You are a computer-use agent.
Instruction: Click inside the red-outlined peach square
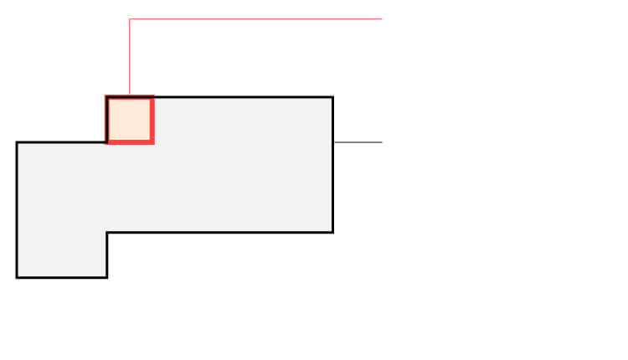click(130, 120)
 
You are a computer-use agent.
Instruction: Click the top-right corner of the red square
click(152, 98)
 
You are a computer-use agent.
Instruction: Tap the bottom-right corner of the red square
click(152, 142)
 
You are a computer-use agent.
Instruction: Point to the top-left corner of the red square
click(107, 98)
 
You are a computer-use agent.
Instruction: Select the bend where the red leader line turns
click(130, 18)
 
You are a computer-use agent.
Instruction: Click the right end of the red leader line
click(382, 18)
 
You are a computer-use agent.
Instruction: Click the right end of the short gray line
click(382, 142)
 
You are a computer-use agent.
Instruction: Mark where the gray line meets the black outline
click(333, 142)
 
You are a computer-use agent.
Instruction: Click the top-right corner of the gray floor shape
click(332, 97)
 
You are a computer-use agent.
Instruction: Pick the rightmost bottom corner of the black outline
click(332, 232)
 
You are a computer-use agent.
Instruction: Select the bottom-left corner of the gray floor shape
click(17, 276)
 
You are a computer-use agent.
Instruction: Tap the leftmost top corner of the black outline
click(17, 142)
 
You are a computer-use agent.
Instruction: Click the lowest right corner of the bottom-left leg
click(107, 276)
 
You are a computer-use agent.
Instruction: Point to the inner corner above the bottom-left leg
click(107, 232)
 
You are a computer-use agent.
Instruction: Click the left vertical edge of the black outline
click(17, 209)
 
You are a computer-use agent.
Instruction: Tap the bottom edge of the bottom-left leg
click(62, 276)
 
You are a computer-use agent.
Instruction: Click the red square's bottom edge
click(130, 142)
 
